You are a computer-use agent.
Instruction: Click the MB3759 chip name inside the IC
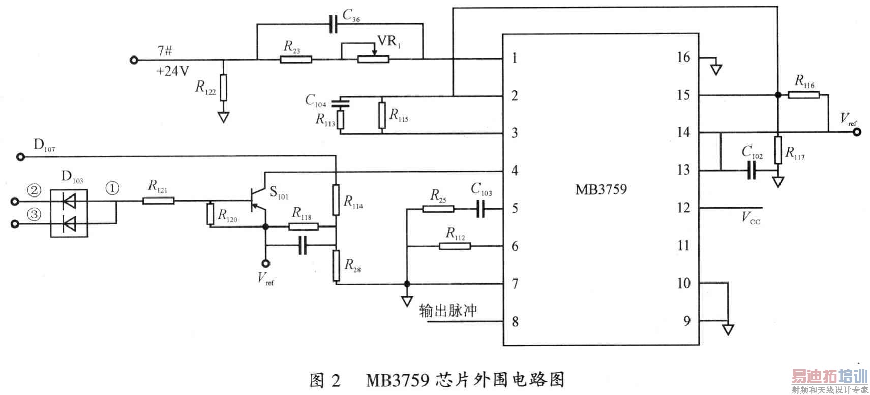(601, 190)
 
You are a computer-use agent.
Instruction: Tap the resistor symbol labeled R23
(295, 59)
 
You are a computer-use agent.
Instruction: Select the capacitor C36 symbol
(333, 24)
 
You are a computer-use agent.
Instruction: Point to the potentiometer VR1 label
(389, 41)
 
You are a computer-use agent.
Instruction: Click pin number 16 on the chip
(683, 58)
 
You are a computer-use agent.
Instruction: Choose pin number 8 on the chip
(515, 322)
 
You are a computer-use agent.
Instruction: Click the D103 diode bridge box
(69, 213)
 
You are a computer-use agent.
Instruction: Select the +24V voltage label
(172, 71)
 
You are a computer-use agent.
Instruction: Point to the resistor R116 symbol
(803, 95)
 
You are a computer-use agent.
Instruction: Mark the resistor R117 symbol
(777, 150)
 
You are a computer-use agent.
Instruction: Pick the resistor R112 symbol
(455, 246)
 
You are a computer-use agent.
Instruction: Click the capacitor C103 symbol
(481, 208)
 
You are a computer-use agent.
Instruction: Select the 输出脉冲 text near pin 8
(448, 310)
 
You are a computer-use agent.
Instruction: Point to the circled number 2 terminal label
(34, 190)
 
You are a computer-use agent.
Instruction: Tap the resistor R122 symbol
(223, 88)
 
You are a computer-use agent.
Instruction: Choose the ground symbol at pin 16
(716, 69)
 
